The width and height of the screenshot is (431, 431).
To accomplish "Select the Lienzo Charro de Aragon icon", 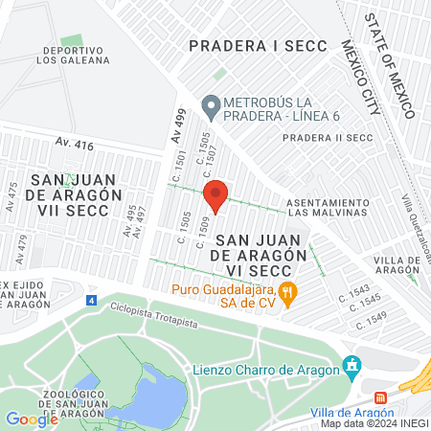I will tap(353, 364).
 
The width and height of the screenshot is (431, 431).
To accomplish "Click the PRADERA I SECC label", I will tap(258, 45).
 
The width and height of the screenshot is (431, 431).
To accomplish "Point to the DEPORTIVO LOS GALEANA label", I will tap(74, 56).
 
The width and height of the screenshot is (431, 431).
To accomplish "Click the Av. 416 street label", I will tap(75, 145).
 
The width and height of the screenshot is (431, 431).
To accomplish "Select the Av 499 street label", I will tap(178, 125).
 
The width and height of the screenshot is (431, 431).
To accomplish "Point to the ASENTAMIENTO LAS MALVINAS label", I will tap(328, 207).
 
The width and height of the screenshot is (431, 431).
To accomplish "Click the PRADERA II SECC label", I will tap(327, 138).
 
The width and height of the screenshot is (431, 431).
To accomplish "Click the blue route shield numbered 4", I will tap(91, 300).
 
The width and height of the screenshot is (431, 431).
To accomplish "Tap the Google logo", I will tap(31, 419).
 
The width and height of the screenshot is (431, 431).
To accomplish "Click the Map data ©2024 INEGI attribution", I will tap(373, 423).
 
